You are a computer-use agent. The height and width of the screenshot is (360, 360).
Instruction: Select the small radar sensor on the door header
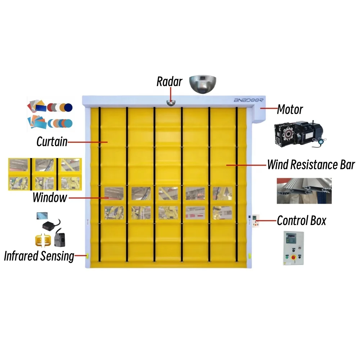point(170,103)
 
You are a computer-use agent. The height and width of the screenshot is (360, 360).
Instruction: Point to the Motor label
point(290,109)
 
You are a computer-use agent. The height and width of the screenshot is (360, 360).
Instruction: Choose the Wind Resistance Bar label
point(311,165)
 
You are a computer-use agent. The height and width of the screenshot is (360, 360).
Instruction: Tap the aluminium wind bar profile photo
point(304,190)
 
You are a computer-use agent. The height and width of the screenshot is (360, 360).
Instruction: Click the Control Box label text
point(301,220)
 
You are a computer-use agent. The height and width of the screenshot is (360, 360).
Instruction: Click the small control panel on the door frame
point(255,220)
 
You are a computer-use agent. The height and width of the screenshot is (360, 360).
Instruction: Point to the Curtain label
point(52,142)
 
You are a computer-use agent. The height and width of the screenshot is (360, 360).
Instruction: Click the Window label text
point(50,197)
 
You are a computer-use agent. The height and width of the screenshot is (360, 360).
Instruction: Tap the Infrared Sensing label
point(39,256)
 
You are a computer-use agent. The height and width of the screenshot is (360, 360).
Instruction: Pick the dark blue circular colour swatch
point(68,107)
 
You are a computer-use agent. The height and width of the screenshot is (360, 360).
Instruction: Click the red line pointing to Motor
point(268,108)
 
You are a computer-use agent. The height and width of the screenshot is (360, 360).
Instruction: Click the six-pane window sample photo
point(45,174)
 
